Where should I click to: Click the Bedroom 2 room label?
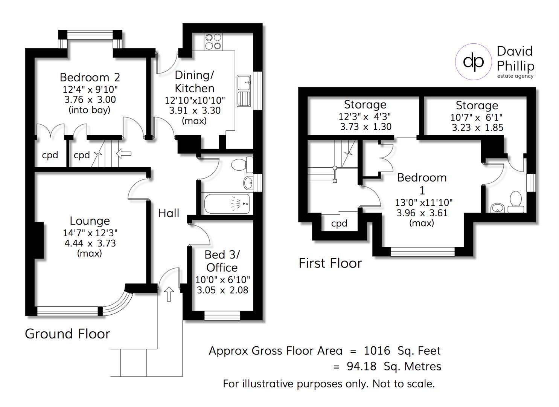coord(90,78)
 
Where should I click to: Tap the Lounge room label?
coord(90,221)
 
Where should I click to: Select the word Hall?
coord(169,213)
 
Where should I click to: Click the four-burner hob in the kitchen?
coord(213,42)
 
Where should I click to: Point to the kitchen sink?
coord(244,91)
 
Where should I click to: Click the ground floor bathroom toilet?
coord(242,165)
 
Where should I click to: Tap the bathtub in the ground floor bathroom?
coord(227,203)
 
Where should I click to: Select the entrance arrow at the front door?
coord(169,294)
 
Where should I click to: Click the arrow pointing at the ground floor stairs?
coord(124,153)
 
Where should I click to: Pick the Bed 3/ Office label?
coord(222,261)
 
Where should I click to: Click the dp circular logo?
coord(474,62)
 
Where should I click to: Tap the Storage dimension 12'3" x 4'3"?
coord(365,116)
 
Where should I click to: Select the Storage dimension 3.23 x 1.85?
coord(477,128)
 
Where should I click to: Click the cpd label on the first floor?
coord(339,223)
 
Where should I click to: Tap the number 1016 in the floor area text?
coord(377,351)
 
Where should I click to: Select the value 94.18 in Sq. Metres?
coord(361,367)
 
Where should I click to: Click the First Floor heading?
coord(330,263)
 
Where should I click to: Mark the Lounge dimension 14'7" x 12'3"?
coord(90,233)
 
